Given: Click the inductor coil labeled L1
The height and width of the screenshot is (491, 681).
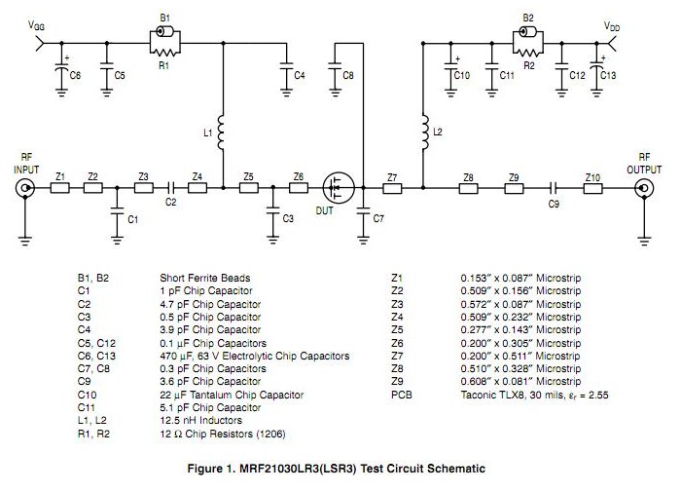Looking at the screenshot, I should coord(222,132).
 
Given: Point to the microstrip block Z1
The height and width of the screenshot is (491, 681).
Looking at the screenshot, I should coord(61,189).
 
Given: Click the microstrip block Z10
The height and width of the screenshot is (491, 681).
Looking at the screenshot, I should coord(592,189).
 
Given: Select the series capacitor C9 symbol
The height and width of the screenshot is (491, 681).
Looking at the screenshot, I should coord(553,189).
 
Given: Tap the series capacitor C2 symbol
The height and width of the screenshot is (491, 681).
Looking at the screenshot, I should coord(170,189).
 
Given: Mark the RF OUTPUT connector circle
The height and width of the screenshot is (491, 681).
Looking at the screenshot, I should coord(643,189).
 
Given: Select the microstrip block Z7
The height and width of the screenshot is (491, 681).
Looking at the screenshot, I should coord(392,189).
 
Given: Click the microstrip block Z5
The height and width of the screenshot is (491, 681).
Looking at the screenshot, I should coord(250,189).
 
